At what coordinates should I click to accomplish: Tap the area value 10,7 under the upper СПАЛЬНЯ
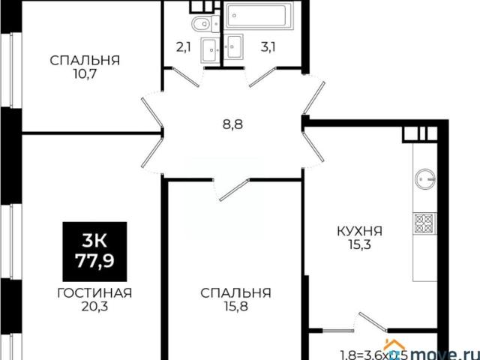(85, 75)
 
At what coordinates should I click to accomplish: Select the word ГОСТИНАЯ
(94, 292)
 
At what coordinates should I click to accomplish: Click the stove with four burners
(423, 221)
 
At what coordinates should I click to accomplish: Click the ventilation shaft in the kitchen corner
(414, 133)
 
